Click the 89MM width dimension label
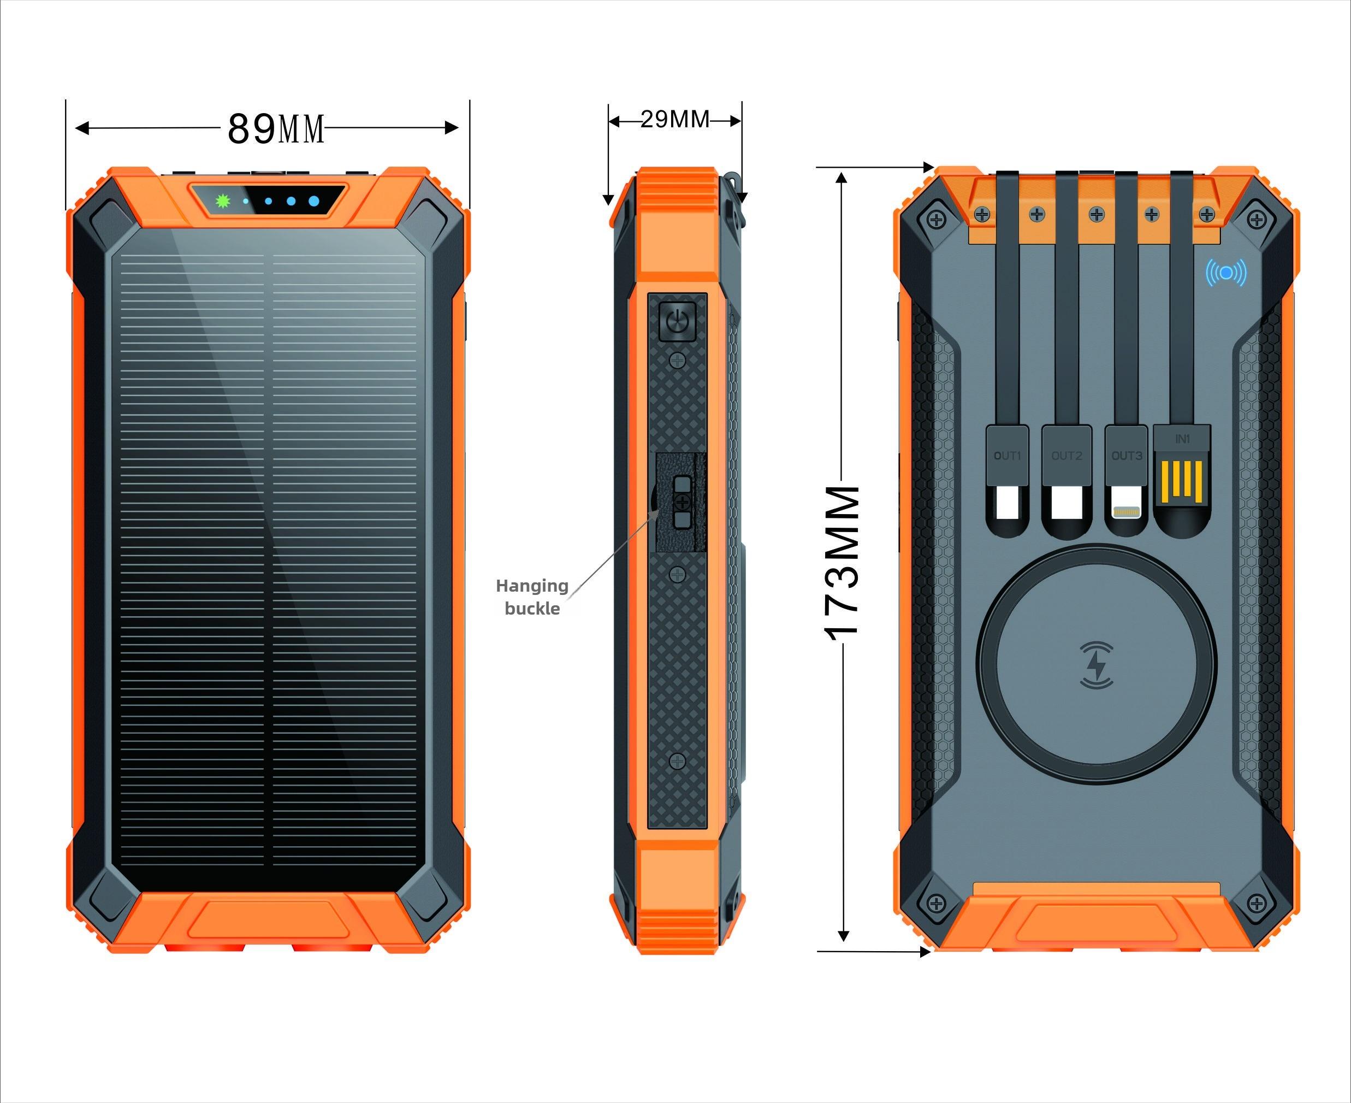coord(276,129)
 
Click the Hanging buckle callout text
coord(532,597)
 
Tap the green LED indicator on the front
coord(222,202)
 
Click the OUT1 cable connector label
coord(1008,456)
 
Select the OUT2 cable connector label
coord(1066,456)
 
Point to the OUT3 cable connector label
coord(1127,456)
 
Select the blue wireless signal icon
coord(1226,273)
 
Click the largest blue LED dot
coord(314,202)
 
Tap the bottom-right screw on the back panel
coord(1256,903)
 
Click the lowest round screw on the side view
coord(678,760)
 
